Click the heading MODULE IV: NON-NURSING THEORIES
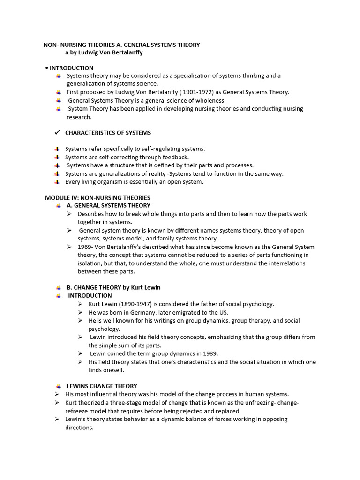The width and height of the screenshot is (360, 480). [x=97, y=198]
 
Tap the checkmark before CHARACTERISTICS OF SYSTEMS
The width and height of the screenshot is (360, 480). [x=57, y=133]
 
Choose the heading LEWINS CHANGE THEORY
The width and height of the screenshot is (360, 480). [x=102, y=386]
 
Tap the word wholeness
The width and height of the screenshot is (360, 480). [x=210, y=100]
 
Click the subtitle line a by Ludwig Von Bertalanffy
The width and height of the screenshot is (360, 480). [x=104, y=52]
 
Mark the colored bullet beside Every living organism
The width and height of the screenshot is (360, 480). [x=57, y=182]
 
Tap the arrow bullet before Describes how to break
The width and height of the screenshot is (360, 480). [x=68, y=214]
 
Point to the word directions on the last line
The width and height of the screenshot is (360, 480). [x=79, y=427]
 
